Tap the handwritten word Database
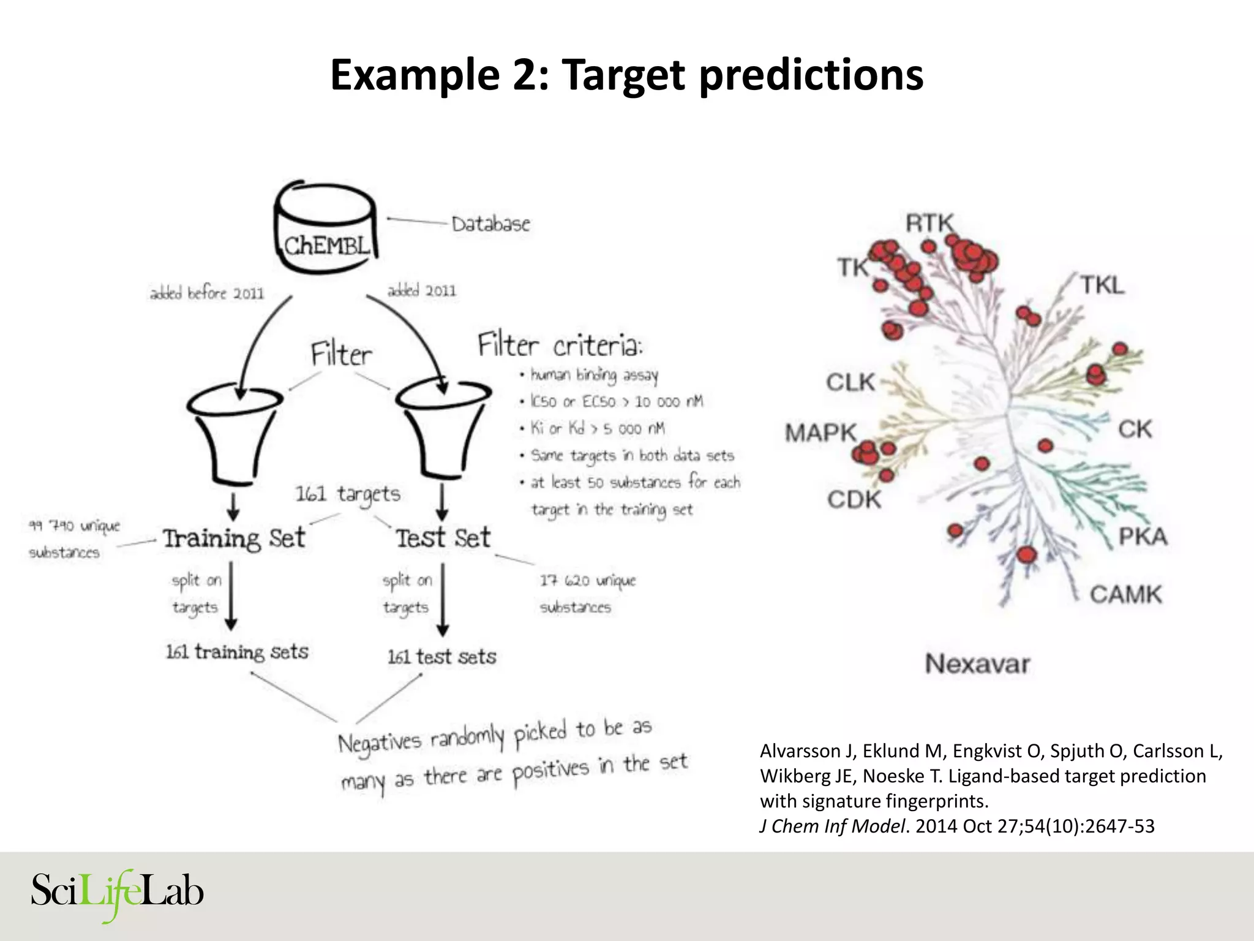(490, 224)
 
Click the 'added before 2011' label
(207, 293)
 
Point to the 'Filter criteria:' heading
(560, 346)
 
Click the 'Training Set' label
(234, 539)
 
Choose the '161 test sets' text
(441, 657)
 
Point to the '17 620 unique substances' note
(587, 593)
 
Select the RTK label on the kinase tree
(929, 223)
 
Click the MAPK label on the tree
(820, 433)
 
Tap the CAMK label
(1125, 594)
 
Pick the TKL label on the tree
(1102, 285)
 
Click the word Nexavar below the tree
(977, 664)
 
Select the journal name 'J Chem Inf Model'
(832, 826)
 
